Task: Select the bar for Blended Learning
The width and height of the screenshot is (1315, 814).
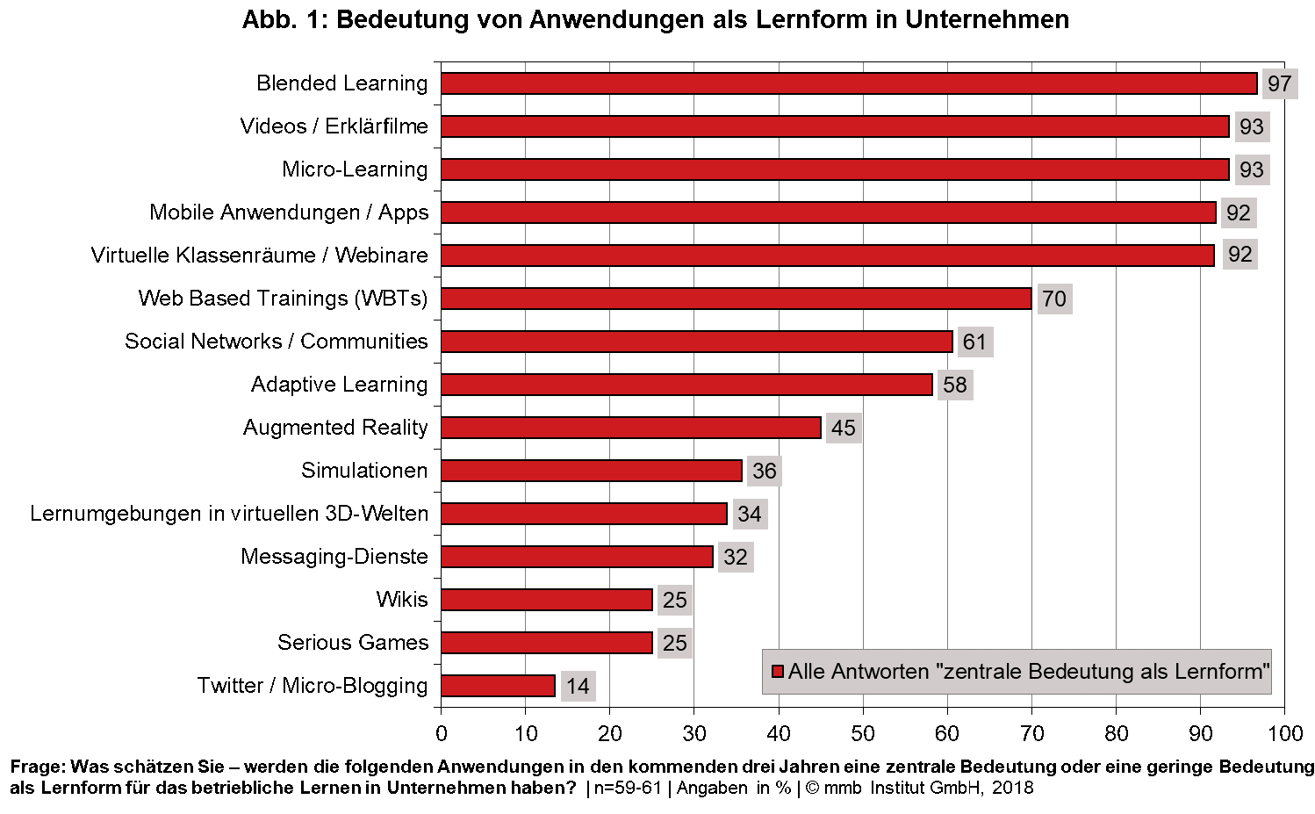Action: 849,83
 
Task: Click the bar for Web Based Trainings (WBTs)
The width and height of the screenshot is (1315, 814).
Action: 736,299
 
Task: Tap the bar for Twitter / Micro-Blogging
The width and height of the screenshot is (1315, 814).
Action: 498,686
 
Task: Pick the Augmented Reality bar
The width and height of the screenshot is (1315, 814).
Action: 630,428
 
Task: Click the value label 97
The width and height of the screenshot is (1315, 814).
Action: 1279,83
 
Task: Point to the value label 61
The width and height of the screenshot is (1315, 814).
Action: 974,342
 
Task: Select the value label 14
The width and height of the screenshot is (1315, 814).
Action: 578,686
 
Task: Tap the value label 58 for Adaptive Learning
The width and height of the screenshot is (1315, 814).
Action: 954,385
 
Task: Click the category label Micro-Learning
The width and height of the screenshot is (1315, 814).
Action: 355,169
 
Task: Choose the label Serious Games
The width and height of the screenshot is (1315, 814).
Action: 353,643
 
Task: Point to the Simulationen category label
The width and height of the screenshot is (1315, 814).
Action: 364,471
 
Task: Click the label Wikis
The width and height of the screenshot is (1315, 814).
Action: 402,600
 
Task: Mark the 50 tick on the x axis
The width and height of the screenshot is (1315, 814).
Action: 863,734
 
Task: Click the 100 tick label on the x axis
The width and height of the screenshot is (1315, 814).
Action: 1285,734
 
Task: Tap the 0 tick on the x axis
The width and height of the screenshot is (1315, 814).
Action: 442,734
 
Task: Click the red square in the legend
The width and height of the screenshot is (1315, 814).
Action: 777,672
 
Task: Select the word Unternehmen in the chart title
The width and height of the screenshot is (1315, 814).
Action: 987,19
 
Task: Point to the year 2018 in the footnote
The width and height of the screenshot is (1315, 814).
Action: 1013,788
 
